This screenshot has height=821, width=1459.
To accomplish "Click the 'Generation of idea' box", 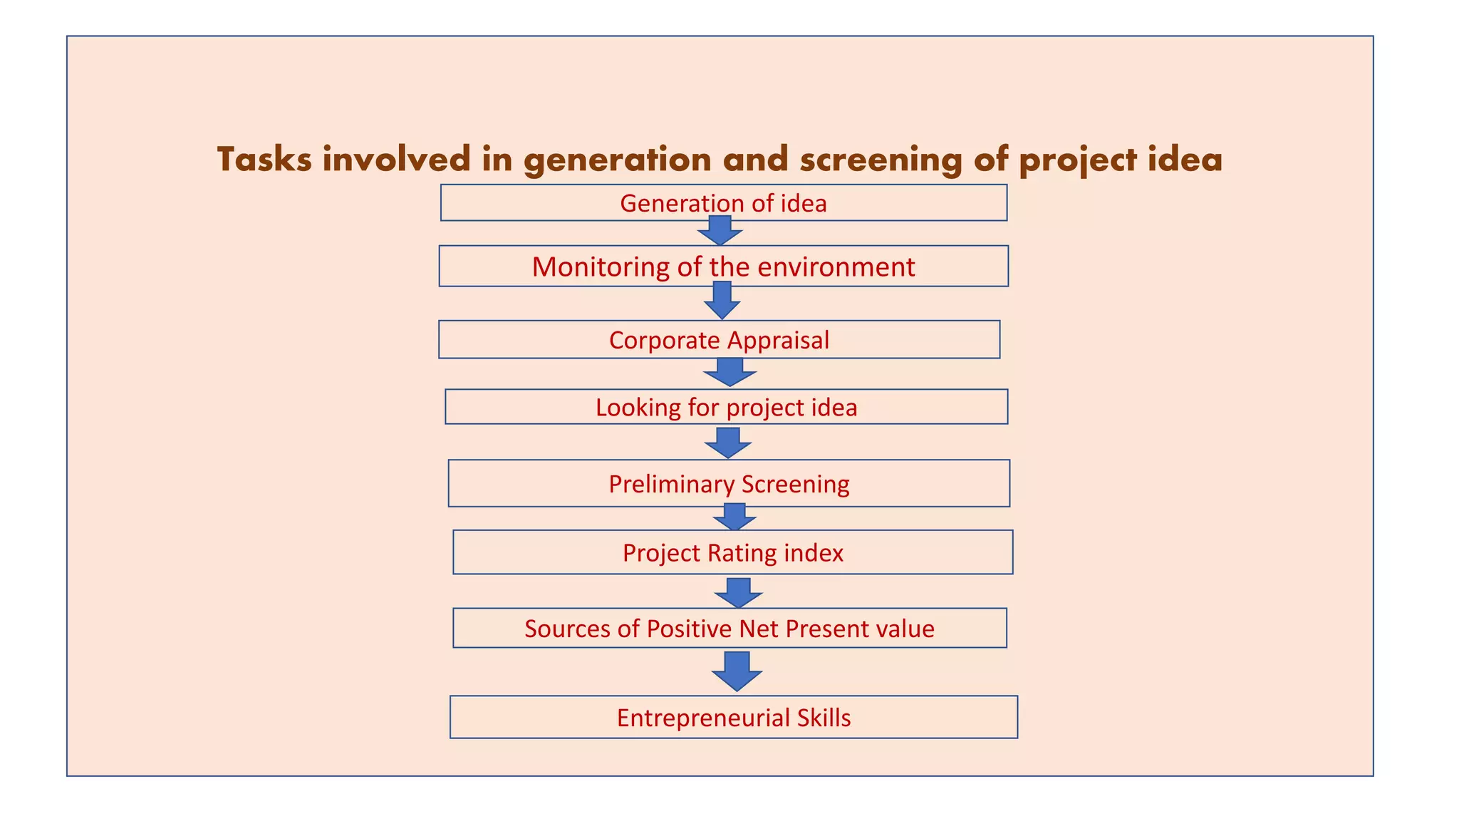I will (723, 203).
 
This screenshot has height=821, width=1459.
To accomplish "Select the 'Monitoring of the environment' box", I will (723, 267).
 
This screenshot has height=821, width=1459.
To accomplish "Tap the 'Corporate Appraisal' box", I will (719, 340).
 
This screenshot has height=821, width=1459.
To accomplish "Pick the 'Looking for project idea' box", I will (726, 407).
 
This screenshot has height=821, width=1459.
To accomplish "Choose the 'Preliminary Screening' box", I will (729, 484).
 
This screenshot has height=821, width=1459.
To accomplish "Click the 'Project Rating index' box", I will (732, 552).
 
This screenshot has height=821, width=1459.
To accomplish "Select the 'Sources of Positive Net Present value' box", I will (729, 629).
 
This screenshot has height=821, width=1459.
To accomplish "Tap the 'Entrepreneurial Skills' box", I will (734, 717).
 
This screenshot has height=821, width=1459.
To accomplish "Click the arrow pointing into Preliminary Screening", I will (728, 443).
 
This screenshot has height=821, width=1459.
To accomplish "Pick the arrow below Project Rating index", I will (739, 592).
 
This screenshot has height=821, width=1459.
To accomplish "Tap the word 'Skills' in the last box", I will (824, 717).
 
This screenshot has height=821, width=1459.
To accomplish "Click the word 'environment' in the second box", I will (836, 267).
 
